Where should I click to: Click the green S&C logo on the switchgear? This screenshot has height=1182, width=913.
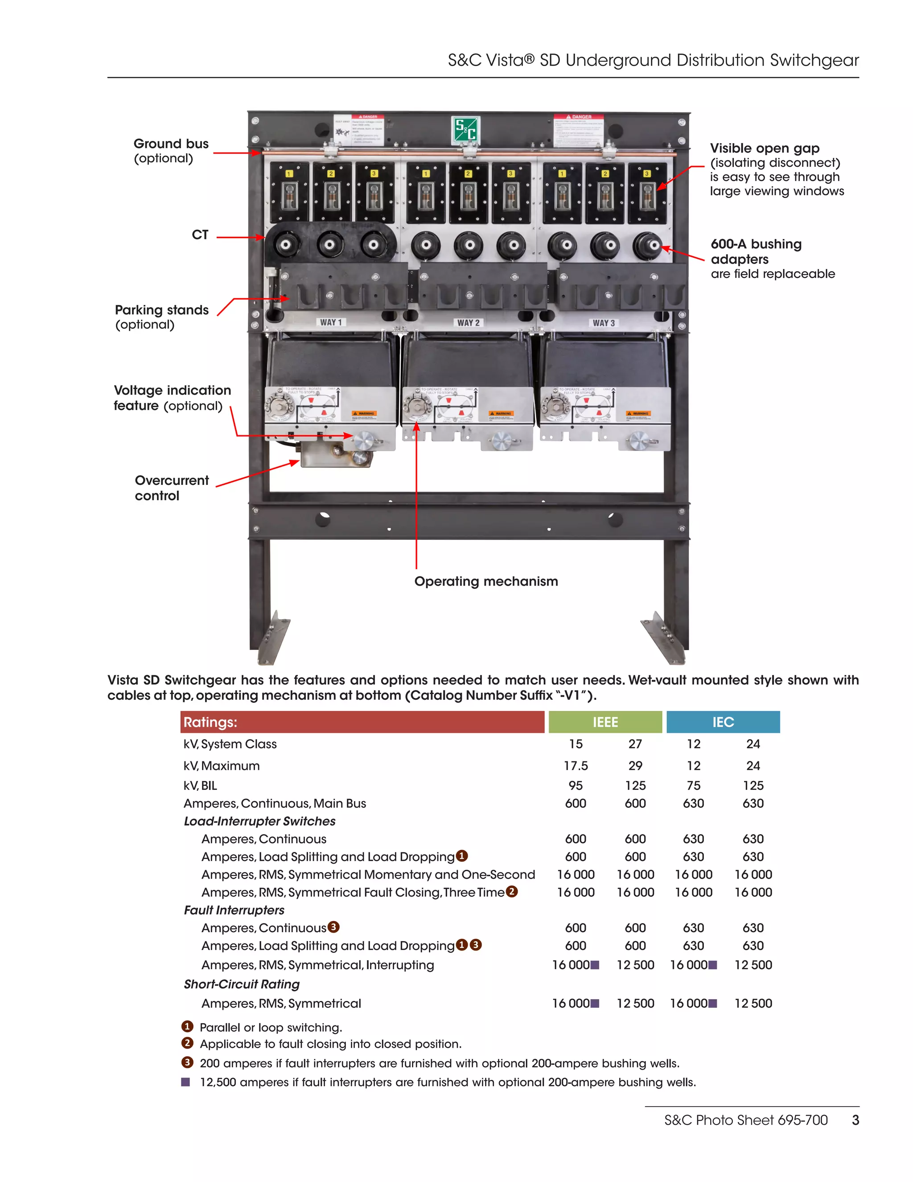click(x=465, y=130)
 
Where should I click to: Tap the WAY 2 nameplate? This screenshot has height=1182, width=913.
click(x=469, y=322)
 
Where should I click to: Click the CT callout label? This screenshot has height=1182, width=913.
click(x=200, y=235)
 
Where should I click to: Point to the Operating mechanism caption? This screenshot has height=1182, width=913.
click(x=486, y=581)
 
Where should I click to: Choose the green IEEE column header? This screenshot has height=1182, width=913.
click(x=605, y=722)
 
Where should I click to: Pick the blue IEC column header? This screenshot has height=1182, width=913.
click(x=723, y=722)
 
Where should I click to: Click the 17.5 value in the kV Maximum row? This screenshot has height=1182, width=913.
click(x=576, y=766)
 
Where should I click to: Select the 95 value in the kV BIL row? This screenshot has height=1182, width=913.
click(x=576, y=785)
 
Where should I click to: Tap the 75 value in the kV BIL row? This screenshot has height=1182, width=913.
click(x=693, y=785)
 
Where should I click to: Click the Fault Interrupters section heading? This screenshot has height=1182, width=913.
click(x=234, y=910)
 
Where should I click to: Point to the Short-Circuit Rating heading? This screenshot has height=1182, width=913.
click(x=242, y=984)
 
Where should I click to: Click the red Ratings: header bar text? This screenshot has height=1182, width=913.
click(x=210, y=722)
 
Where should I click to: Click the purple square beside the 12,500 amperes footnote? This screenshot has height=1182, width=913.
click(x=185, y=1082)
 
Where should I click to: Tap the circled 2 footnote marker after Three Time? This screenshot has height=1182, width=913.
click(x=512, y=891)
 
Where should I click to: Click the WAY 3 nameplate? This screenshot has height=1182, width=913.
click(x=604, y=323)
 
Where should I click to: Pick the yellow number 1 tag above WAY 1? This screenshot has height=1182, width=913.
click(x=289, y=174)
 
